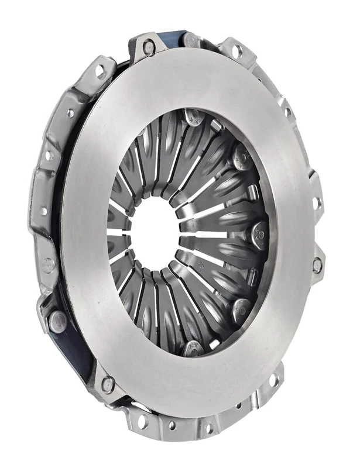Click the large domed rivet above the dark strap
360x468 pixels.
57,320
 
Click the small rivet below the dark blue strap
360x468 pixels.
108,384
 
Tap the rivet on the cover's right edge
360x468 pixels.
317,265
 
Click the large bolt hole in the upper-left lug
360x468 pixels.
100,71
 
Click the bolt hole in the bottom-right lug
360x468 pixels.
273,380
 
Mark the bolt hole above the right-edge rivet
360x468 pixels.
316,203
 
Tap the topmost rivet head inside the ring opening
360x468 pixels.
193,115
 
